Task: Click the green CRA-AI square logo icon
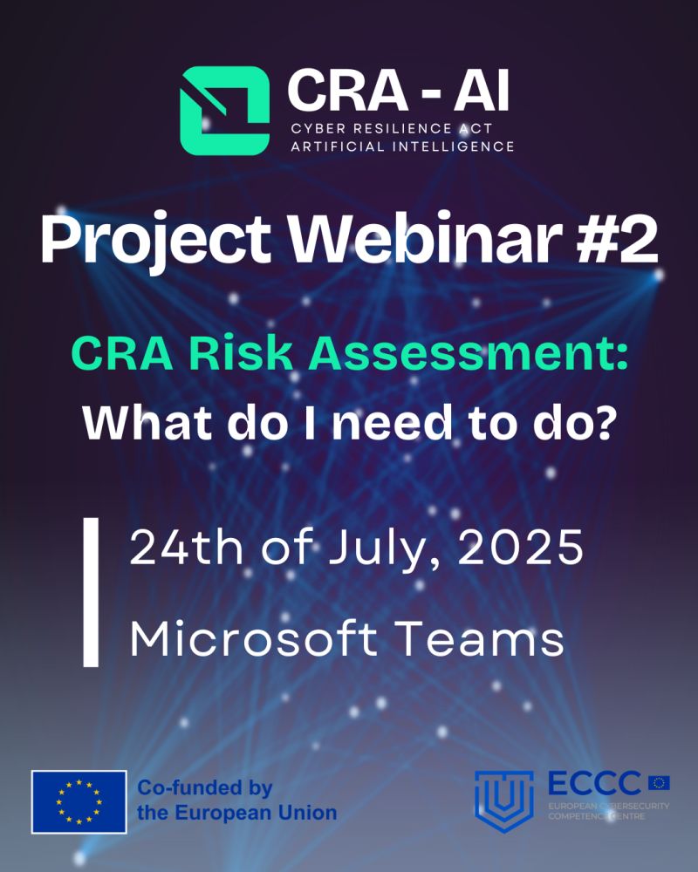tap(224, 111)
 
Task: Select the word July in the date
tap(385, 553)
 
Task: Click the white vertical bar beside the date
tap(91, 592)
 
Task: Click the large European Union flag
tap(79, 801)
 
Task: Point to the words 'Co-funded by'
tap(205, 789)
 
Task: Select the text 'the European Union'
tap(236, 814)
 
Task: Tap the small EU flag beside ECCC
tap(659, 782)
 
